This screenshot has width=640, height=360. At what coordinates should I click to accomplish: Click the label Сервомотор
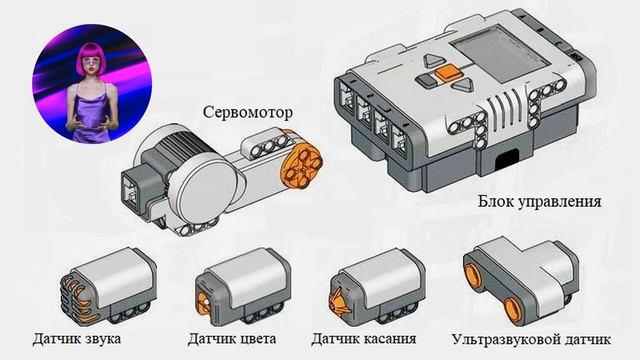tap(248, 112)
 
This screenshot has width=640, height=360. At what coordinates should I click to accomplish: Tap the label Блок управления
tap(540, 201)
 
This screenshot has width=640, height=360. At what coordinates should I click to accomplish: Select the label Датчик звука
tap(77, 339)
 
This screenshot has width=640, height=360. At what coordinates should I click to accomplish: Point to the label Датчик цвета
tap(231, 339)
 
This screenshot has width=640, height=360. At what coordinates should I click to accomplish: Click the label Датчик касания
tap(364, 339)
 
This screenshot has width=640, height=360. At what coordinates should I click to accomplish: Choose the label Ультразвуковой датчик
tap(531, 340)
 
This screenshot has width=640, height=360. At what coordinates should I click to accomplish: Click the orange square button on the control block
tap(447, 72)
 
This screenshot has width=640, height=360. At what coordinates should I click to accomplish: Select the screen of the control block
tap(500, 52)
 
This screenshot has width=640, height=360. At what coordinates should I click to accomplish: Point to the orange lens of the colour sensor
tap(203, 304)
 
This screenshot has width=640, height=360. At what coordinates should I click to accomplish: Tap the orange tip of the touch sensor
tap(340, 300)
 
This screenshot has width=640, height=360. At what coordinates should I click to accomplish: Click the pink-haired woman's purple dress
tap(90, 116)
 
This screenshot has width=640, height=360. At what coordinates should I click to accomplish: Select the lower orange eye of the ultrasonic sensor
tap(513, 309)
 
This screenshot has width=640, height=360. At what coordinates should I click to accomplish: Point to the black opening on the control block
tap(508, 160)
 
